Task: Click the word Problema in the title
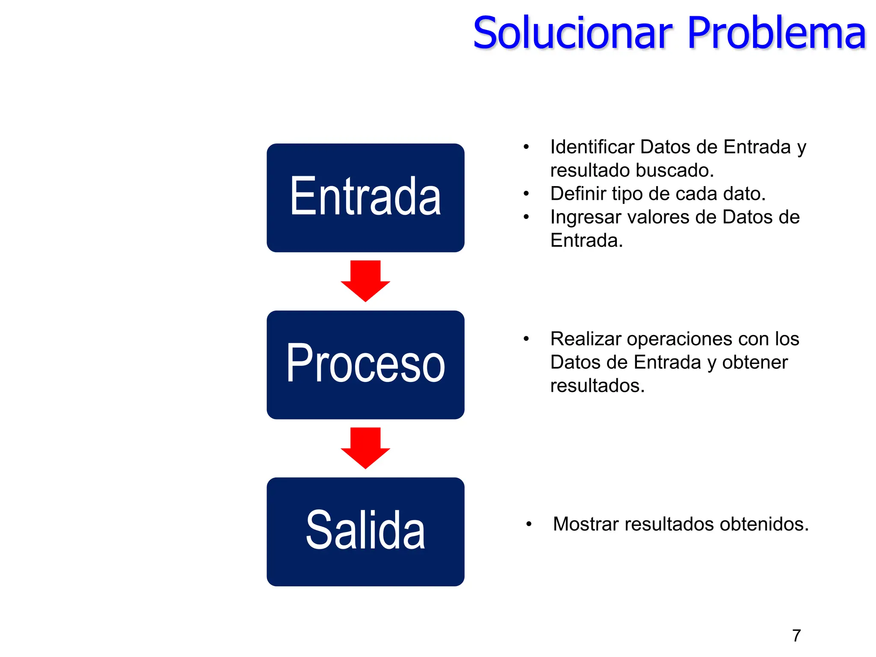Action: tap(776, 33)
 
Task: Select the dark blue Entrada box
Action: tap(365, 198)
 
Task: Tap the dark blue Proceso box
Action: tap(365, 364)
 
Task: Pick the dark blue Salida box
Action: tap(365, 531)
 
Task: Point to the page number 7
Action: tap(796, 636)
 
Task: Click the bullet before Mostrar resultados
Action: tap(529, 524)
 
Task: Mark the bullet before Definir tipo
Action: tap(526, 194)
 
